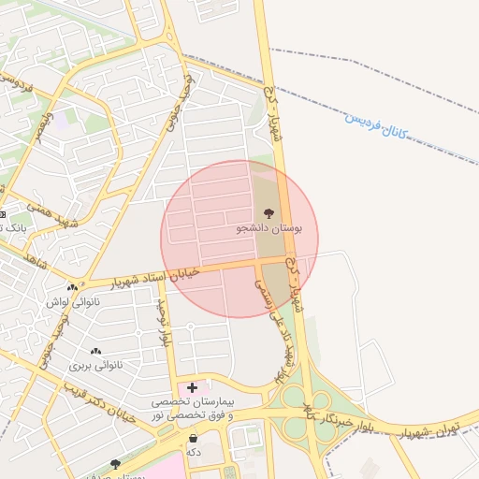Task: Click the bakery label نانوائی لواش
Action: [x=72, y=302]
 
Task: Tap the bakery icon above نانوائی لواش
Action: [x=72, y=287]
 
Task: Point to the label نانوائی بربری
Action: [x=95, y=365]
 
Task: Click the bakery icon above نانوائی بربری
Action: [x=95, y=351]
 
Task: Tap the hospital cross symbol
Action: [x=193, y=386]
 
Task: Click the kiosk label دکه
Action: [x=194, y=452]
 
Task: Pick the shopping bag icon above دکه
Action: [x=194, y=438]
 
